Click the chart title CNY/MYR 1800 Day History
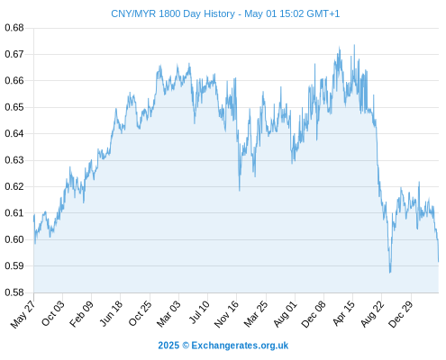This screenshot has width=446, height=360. click(173, 13)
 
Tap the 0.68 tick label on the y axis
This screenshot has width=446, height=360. click(14, 28)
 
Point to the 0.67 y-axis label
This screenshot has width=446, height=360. click(14, 54)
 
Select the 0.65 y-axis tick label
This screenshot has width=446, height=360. click(14, 107)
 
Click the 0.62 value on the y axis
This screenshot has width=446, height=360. click(14, 186)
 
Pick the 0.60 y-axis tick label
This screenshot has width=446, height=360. click(14, 239)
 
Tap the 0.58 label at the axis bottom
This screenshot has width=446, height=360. click(14, 292)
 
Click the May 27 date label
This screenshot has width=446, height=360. click(23, 314)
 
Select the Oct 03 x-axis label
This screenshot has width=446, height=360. click(52, 313)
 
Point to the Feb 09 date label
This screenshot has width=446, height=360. click(81, 313)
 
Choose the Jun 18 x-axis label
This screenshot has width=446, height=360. click(111, 313)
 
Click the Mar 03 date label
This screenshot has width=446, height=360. click(168, 313)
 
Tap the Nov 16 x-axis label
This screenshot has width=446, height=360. click(226, 314)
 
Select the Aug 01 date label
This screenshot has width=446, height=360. click(285, 313)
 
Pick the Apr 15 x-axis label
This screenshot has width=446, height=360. click(344, 313)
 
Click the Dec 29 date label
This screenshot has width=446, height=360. click(401, 314)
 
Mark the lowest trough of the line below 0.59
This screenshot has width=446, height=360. click(390, 273)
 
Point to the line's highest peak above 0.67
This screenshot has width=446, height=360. click(354, 45)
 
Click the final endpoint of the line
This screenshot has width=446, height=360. click(439, 262)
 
